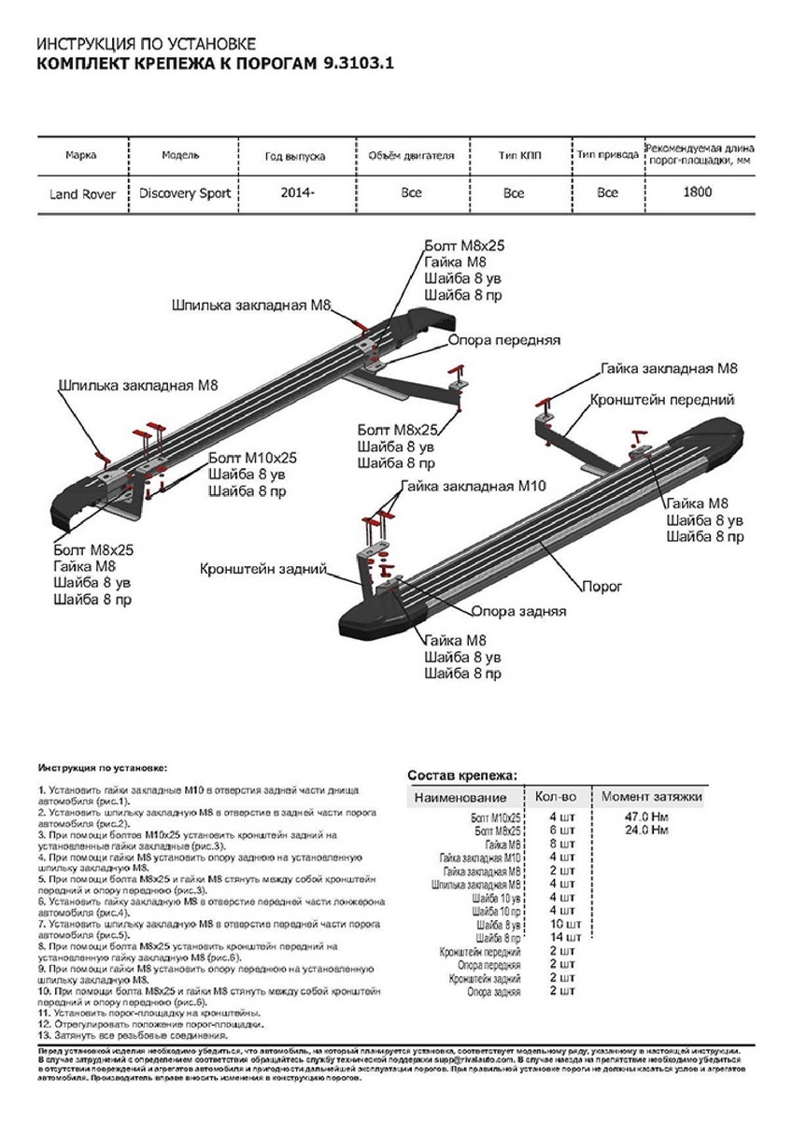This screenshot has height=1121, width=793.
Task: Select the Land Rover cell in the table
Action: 82,194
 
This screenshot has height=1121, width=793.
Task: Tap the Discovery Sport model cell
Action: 185,193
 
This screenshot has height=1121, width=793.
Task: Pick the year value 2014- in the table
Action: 298,193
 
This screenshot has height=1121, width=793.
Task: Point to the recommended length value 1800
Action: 697,192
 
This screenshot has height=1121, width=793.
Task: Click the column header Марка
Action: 81,155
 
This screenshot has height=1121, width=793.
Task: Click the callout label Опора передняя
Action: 503,340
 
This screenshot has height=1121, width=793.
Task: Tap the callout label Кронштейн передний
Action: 661,400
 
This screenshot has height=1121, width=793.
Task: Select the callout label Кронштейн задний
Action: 262,568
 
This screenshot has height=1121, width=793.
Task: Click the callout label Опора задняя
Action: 518,612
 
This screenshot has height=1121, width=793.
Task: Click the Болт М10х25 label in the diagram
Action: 252,458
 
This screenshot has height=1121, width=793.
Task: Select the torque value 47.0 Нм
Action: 646,816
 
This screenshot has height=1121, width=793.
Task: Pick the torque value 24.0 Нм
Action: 646,830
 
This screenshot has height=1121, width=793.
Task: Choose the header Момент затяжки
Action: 651,797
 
